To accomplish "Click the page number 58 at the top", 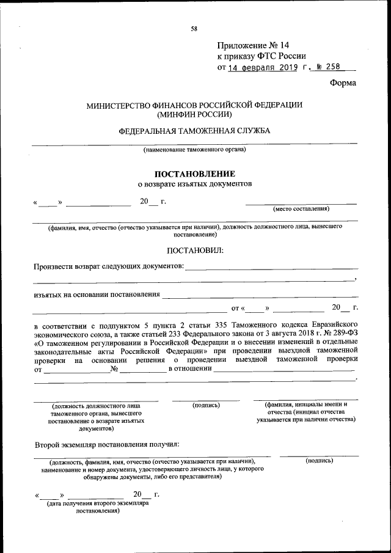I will click(194, 29).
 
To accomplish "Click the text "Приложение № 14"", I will click(252, 46).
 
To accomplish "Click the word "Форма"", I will click(342, 83).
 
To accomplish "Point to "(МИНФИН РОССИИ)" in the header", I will click(194, 114).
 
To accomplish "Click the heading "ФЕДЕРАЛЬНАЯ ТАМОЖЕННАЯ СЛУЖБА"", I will click(194, 131).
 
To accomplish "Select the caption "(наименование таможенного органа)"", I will click(194, 150).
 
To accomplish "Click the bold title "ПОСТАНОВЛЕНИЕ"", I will click(194, 174).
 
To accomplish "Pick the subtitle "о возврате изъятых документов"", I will click(194, 183).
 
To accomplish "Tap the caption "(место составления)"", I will click(301, 209).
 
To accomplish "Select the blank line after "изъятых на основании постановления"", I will click(260, 296).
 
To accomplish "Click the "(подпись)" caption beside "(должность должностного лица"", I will click(206, 405).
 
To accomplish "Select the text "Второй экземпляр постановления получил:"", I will click(107, 443).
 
